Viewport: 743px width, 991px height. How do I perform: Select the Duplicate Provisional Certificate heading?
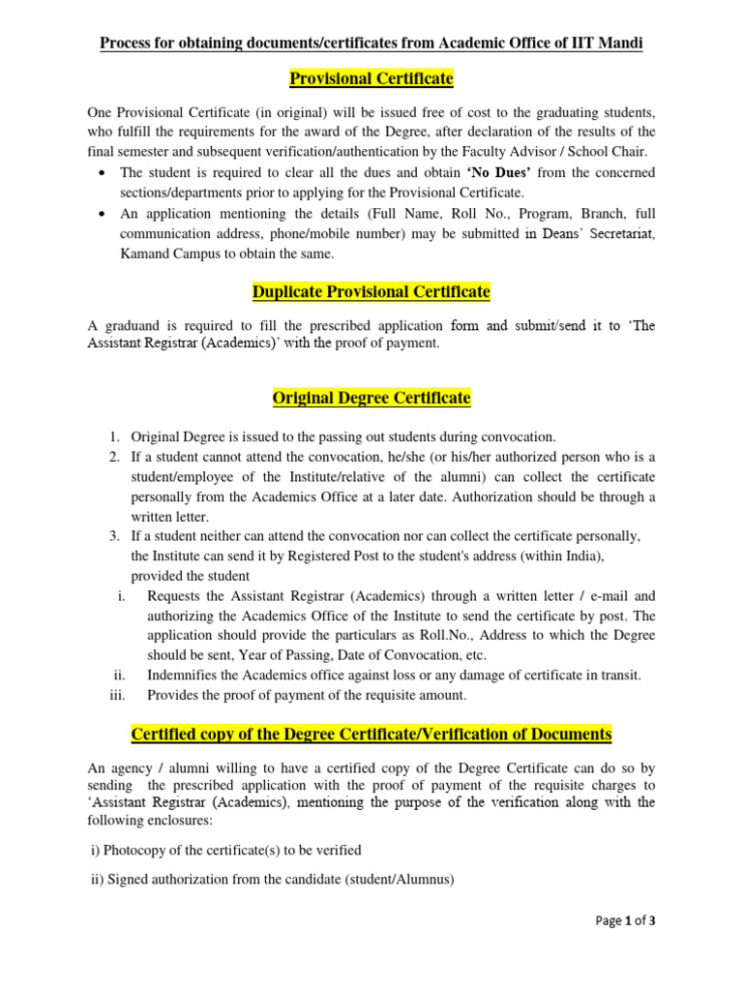click(x=371, y=291)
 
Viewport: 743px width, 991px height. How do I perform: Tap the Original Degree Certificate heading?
click(x=371, y=398)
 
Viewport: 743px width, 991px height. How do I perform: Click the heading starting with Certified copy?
click(x=371, y=735)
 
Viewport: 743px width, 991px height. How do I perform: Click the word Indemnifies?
click(x=186, y=675)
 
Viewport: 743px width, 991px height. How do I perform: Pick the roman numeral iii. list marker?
click(x=120, y=694)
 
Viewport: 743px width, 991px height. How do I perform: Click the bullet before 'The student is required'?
click(x=104, y=172)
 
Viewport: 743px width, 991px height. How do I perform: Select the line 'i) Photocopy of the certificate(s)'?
click(x=224, y=850)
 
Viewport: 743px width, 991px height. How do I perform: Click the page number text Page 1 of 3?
click(x=625, y=921)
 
